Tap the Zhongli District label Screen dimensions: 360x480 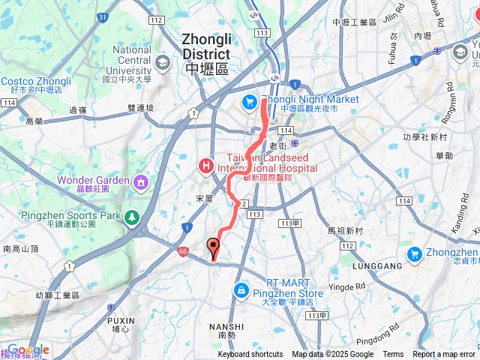[x=205, y=46]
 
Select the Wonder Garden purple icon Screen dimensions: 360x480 [x=140, y=181]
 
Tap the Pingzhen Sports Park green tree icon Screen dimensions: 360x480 [x=132, y=216]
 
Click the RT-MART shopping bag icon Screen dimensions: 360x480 [x=240, y=289]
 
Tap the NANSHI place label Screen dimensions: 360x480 [x=226, y=326]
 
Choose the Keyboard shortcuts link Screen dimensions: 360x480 [x=250, y=355]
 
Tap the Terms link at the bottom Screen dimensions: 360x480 [x=393, y=355]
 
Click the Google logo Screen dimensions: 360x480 [x=28, y=350]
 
